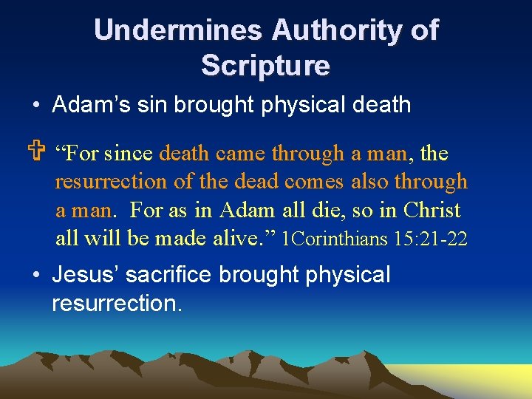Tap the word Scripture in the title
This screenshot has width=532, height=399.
coord(265,66)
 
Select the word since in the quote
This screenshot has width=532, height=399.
coord(129,154)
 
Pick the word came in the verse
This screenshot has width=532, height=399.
coord(241,154)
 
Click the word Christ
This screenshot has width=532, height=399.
coord(432,210)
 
